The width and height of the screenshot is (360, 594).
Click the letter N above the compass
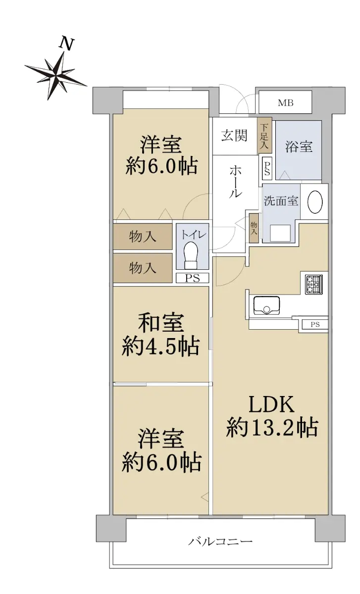click(66, 44)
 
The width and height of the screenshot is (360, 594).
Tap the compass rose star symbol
click(56, 75)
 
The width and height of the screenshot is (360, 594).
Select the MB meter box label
click(285, 102)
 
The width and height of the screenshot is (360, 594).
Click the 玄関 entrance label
click(234, 135)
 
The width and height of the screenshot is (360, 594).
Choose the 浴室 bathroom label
click(299, 147)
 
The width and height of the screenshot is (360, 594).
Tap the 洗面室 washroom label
click(281, 201)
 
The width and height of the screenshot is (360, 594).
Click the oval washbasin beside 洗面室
click(315, 202)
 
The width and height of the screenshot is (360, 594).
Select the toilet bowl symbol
click(192, 255)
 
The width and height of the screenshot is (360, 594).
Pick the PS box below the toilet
click(193, 278)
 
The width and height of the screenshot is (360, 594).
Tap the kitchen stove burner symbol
click(314, 284)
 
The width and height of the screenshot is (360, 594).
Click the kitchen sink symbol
click(266, 305)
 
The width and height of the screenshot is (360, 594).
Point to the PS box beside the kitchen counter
click(315, 324)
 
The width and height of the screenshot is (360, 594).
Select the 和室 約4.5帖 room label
click(160, 335)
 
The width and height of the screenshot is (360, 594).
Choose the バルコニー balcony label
click(220, 542)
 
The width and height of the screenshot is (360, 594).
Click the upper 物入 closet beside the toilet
click(143, 237)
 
